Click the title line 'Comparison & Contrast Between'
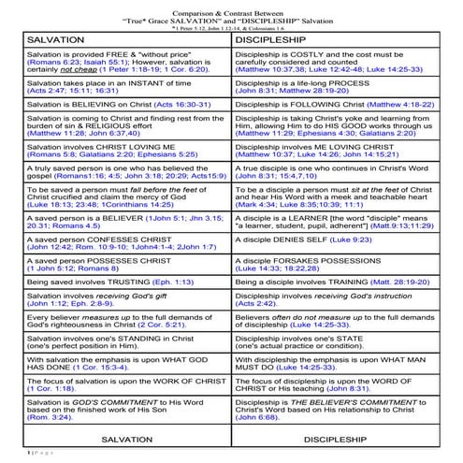pos(231,7)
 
